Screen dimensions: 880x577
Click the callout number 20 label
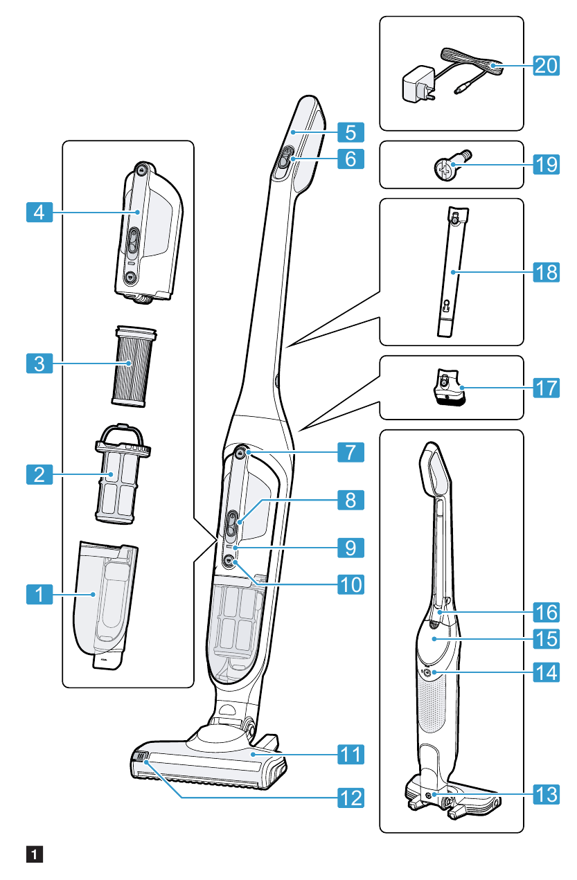tap(546, 66)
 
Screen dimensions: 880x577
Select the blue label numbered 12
tap(350, 798)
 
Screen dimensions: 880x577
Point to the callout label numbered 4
tap(39, 211)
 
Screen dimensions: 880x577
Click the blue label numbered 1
tap(39, 593)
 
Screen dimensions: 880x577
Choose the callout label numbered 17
tap(546, 387)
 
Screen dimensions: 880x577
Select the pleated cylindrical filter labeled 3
tap(132, 363)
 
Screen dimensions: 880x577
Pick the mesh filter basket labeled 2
tap(121, 478)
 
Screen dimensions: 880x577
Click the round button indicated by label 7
tap(240, 453)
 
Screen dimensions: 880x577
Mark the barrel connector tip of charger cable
tap(461, 89)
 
